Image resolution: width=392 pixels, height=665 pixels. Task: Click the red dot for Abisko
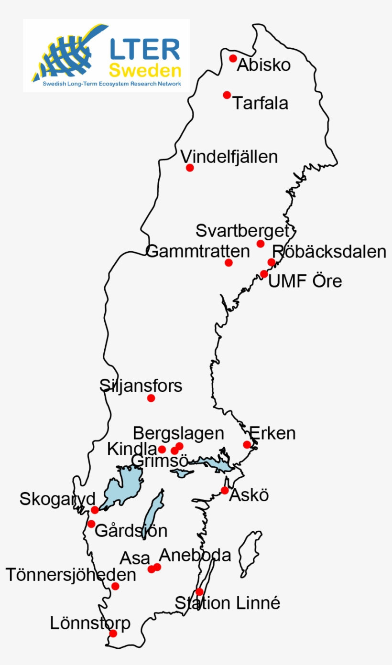pos(233,58)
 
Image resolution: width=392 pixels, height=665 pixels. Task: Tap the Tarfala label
pos(261,103)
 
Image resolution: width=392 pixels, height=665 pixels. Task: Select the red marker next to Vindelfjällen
pos(190,168)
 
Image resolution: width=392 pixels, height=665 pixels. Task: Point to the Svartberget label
pos(243,231)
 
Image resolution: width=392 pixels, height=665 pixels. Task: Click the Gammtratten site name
pos(197,251)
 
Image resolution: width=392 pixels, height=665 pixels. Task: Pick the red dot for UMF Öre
pos(264,274)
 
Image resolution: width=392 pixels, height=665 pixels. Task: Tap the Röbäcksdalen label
pos(329,252)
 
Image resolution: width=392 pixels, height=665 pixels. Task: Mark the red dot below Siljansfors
pos(151,398)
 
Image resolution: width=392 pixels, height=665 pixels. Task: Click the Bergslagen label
pos(178,433)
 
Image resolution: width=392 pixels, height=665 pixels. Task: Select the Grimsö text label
pos(159,461)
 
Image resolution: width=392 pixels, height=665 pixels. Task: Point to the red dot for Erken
pos(247,445)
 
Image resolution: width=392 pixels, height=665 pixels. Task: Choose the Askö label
pos(249,495)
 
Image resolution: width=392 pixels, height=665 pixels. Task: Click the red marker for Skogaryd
pos(95,510)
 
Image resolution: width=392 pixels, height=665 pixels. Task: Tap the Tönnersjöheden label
pos(71,575)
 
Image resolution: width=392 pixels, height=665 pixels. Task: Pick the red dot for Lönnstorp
pos(113,633)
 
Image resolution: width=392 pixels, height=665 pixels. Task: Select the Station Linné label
pos(227,603)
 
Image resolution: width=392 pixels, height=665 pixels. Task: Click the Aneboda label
pos(195,555)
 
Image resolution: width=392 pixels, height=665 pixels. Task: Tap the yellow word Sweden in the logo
pos(145,71)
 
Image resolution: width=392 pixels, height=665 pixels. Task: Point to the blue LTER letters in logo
pos(145,49)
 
